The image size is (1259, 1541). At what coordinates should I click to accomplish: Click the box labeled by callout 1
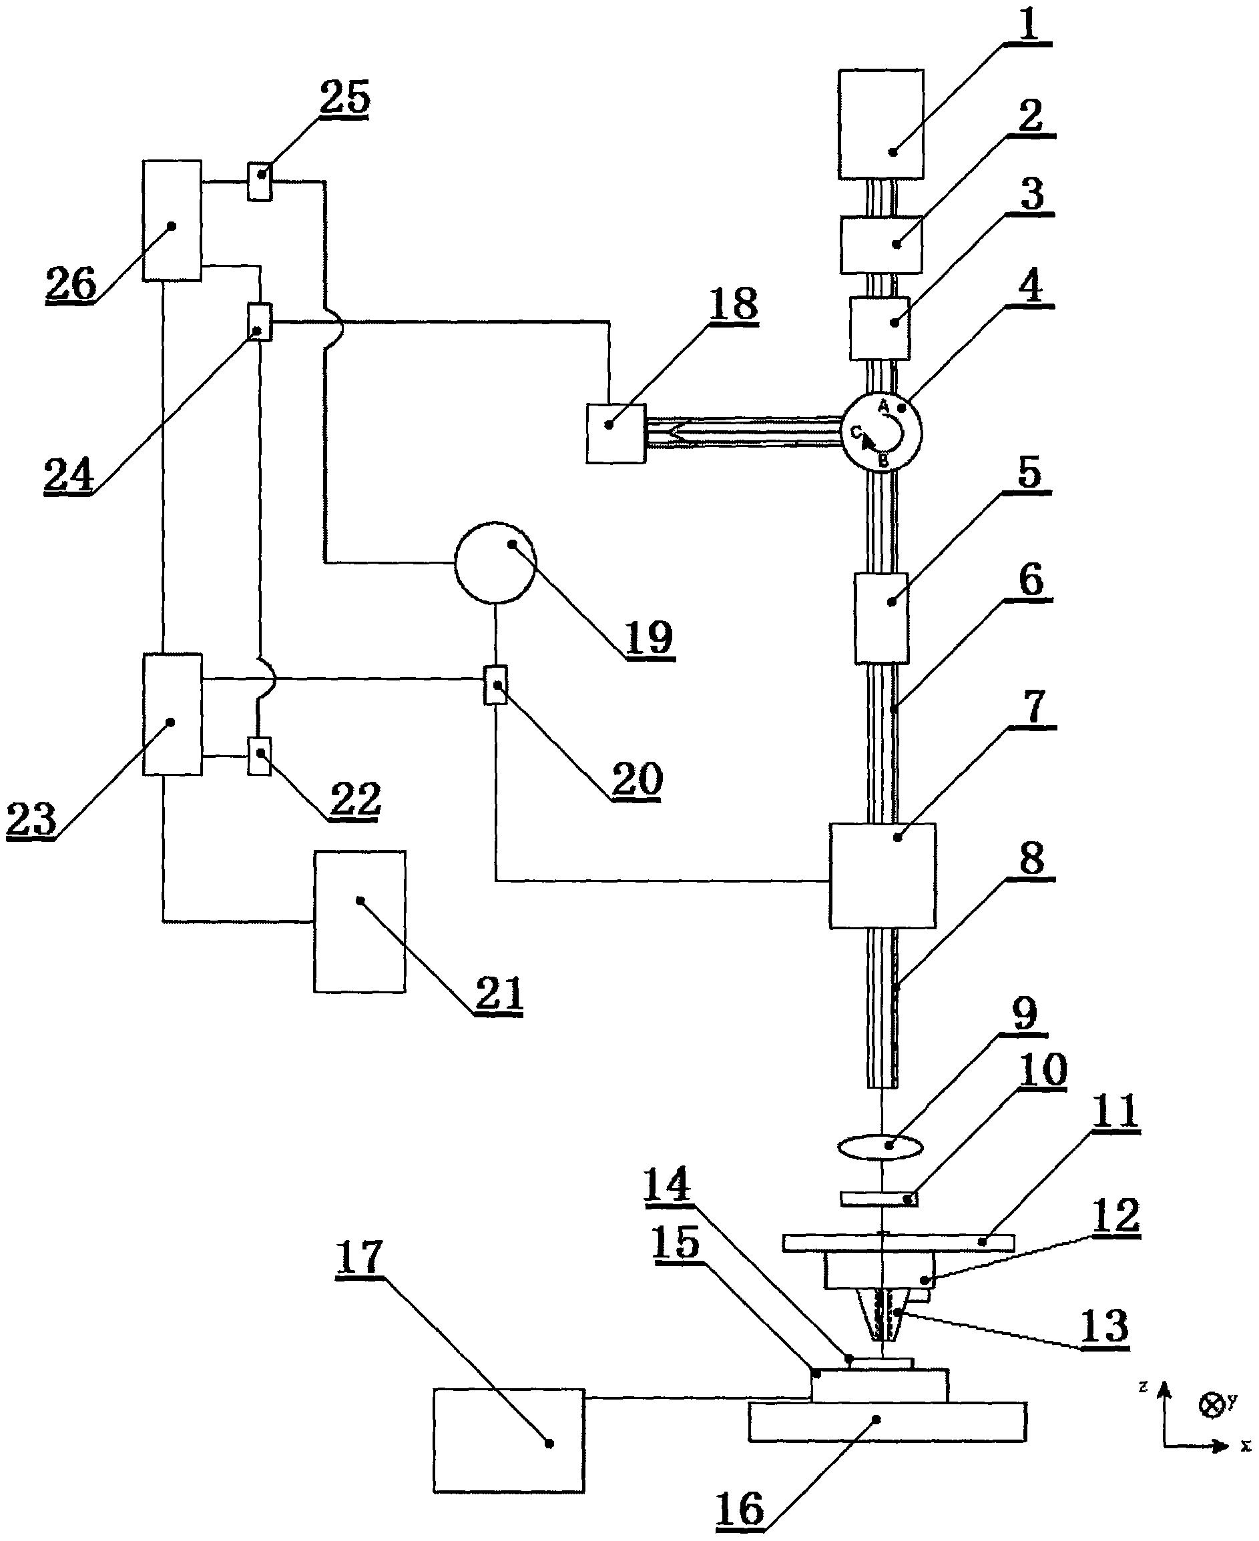[880, 124]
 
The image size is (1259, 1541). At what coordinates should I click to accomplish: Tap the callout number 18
[733, 304]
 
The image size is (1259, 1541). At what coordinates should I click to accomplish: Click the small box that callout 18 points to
[615, 434]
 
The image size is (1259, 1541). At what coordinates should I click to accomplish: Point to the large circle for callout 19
[495, 562]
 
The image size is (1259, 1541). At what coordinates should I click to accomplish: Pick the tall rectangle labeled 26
[172, 220]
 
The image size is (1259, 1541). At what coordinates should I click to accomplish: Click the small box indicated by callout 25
[260, 181]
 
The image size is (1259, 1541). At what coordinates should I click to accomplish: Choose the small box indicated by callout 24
[260, 322]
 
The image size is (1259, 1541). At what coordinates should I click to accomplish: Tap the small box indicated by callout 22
[260, 756]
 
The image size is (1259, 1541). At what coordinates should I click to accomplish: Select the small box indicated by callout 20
[495, 684]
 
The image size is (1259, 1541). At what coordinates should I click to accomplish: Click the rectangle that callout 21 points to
[360, 921]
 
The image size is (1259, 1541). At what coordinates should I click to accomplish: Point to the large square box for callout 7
[883, 876]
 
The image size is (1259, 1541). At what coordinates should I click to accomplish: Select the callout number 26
[71, 284]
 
